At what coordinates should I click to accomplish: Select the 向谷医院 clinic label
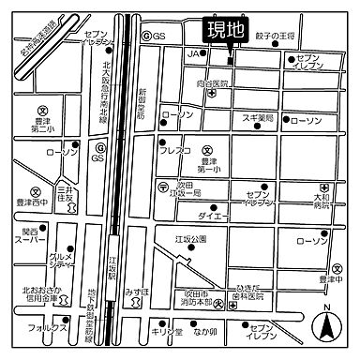pyautogui.click(x=217, y=84)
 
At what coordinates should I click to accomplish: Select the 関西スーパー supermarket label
pyautogui.click(x=25, y=237)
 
